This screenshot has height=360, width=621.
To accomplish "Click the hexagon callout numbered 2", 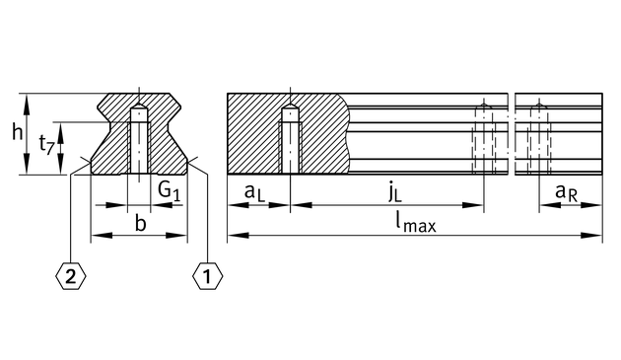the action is [x=71, y=276].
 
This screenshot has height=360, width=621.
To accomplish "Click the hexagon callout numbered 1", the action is [x=208, y=276].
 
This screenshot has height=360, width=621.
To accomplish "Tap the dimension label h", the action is [x=17, y=131].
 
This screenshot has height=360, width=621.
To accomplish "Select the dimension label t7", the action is [x=46, y=145].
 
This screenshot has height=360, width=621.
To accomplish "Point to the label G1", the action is [x=170, y=190].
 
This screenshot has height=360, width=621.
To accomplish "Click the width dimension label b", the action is [x=141, y=223].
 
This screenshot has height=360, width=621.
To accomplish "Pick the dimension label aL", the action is [x=254, y=192].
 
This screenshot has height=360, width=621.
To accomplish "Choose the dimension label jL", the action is [x=394, y=192].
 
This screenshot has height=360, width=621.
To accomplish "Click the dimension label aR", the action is [x=566, y=192].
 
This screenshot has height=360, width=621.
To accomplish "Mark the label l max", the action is [x=415, y=223].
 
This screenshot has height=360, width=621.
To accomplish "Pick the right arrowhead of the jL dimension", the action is [x=473, y=205].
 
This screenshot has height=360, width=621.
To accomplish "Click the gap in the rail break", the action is [x=512, y=134].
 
